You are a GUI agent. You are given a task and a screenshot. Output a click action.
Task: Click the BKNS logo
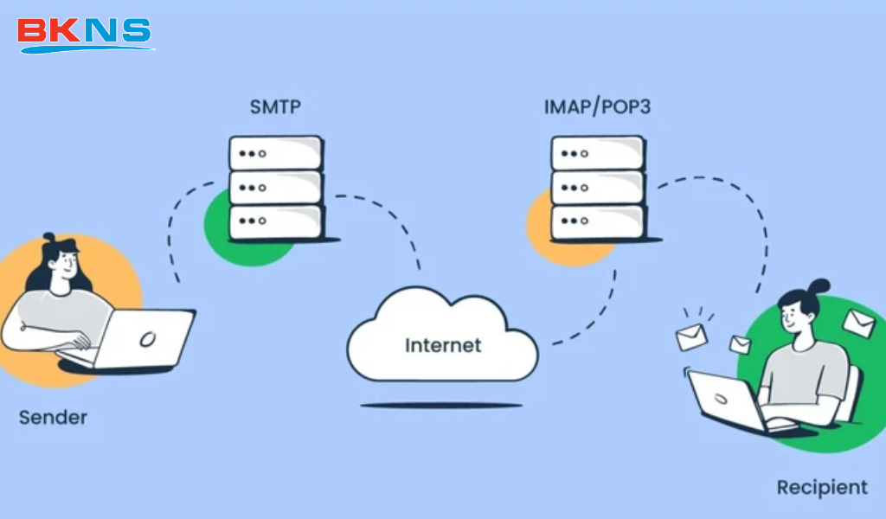tap(84, 32)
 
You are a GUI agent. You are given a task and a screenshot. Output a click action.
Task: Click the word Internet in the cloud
tap(443, 345)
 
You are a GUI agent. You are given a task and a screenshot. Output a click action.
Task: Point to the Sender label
tap(53, 418)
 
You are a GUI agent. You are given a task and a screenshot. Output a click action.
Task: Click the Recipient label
tap(821, 487)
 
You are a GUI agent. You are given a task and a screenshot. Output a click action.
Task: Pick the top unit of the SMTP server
tap(275, 153)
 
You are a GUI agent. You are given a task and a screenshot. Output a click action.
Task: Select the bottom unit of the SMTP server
tap(275, 221)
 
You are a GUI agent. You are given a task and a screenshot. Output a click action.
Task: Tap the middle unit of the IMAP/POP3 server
tap(597, 187)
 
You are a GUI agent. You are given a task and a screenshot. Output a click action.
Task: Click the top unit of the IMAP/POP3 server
tap(597, 153)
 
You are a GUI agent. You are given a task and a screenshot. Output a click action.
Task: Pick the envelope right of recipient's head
tap(858, 323)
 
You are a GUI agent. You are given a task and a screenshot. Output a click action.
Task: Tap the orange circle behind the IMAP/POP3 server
tap(539, 229)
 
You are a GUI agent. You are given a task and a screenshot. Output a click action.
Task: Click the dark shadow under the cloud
tap(441, 405)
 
